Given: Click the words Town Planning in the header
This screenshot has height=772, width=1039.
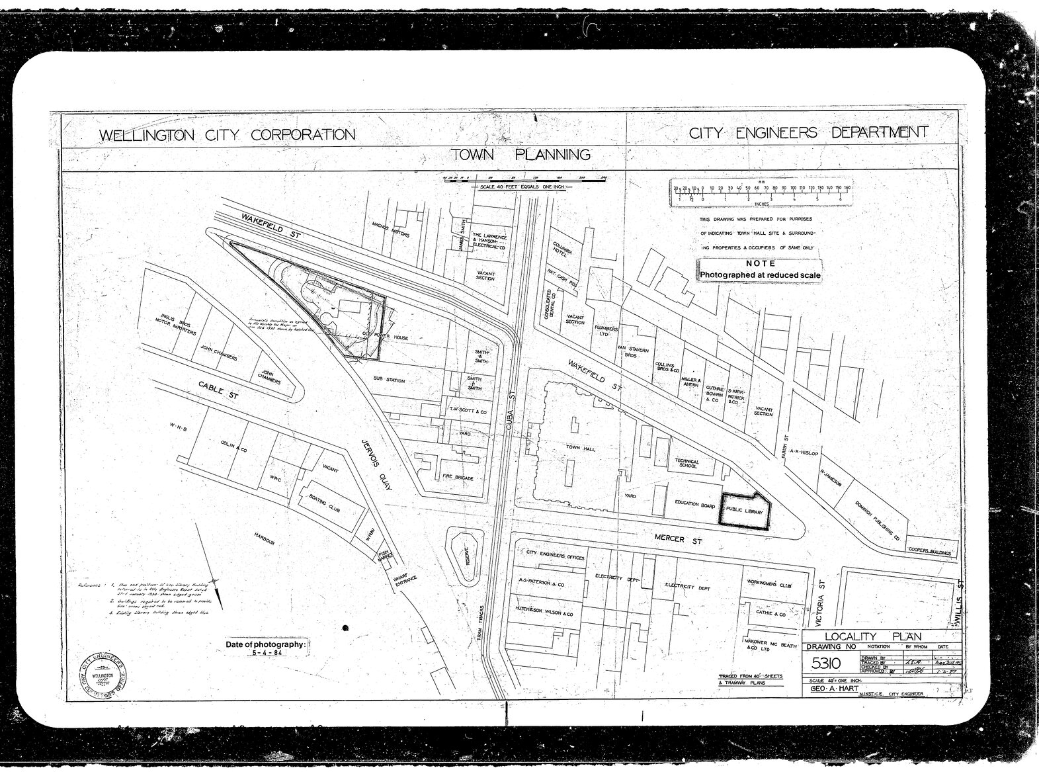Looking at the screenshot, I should point(520,155).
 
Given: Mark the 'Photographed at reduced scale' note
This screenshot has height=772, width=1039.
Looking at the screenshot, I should point(760,275).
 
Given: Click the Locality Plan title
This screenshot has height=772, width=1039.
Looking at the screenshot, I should point(872,636).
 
